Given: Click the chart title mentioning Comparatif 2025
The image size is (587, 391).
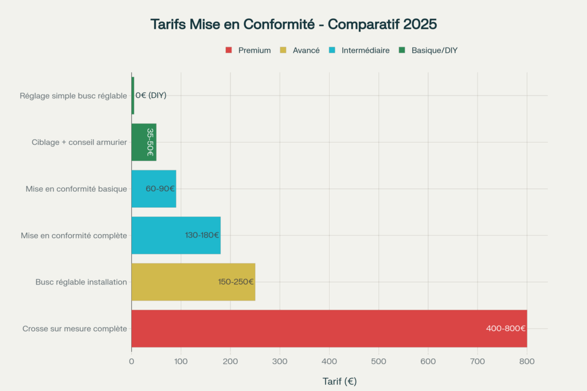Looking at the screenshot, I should pyautogui.click(x=293, y=25).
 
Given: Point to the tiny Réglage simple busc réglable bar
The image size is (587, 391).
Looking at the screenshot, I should pyautogui.click(x=133, y=96).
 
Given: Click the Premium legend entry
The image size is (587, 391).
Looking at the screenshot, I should pyautogui.click(x=248, y=50).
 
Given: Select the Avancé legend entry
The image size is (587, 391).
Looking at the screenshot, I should pyautogui.click(x=299, y=50).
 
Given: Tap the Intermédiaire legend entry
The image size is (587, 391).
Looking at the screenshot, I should pyautogui.click(x=359, y=50).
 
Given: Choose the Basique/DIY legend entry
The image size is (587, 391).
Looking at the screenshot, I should pyautogui.click(x=429, y=50).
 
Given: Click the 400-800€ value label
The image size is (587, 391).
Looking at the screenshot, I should pyautogui.click(x=506, y=329).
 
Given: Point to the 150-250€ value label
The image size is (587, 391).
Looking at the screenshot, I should pyautogui.click(x=236, y=282).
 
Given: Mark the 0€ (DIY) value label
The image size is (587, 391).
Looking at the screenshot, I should pyautogui.click(x=151, y=96).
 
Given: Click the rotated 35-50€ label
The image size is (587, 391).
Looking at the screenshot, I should pyautogui.click(x=150, y=142).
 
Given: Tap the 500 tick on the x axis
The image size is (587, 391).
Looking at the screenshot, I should pyautogui.click(x=378, y=361).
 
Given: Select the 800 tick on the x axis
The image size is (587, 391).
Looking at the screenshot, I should pyautogui.click(x=527, y=361).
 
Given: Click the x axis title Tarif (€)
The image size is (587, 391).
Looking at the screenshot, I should pyautogui.click(x=339, y=381).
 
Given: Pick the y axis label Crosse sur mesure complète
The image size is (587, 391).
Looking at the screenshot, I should pyautogui.click(x=75, y=329).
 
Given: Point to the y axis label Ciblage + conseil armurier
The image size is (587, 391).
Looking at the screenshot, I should pyautogui.click(x=79, y=142).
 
